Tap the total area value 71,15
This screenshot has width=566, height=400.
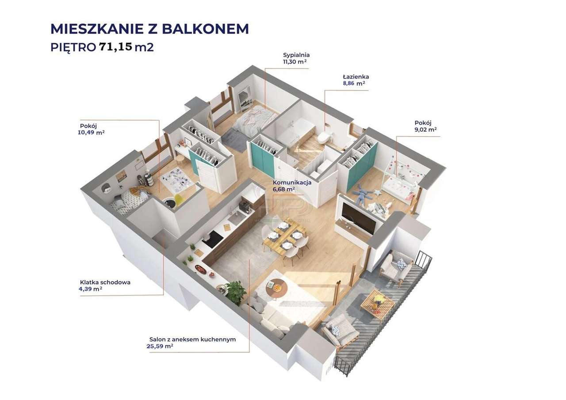pos(115,46)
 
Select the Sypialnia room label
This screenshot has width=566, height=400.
pos(296,55)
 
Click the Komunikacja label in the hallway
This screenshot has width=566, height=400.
pos(292,182)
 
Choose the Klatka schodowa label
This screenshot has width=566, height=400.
pos(105,282)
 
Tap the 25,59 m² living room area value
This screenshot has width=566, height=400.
pos(160,346)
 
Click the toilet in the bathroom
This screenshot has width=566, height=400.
pos(324,138)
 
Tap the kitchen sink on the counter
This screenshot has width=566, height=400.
pos(233,217)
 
